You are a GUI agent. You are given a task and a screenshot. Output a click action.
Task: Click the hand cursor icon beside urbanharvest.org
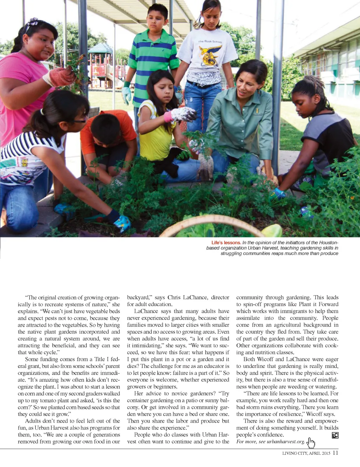311,443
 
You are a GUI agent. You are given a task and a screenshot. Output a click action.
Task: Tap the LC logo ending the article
335,435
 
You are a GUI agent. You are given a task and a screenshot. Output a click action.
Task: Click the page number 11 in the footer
335,453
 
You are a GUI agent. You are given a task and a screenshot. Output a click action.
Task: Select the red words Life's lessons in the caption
226,243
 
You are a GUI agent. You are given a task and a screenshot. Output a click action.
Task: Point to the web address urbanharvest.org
285,442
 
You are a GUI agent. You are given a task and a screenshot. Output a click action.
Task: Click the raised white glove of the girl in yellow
183,114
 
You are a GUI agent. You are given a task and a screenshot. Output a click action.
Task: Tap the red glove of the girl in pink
62,76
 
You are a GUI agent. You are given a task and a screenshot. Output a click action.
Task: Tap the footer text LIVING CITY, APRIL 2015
306,453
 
